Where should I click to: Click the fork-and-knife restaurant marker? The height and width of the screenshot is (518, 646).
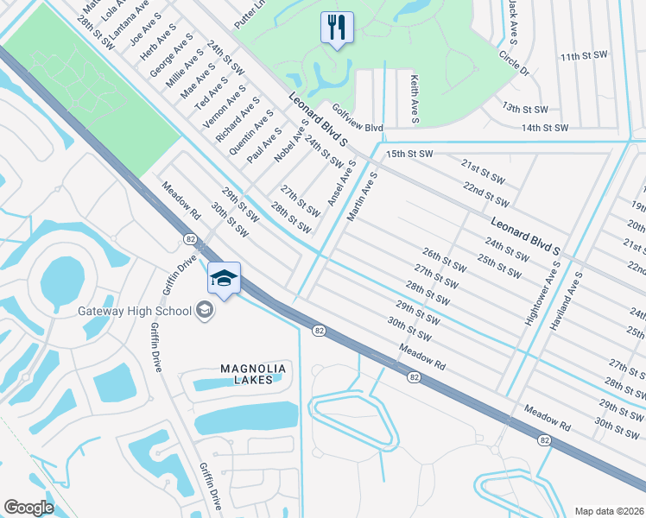[336, 27]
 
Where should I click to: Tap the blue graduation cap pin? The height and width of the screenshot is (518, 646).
[224, 279]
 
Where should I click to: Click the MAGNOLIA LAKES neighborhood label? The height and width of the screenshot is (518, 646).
[253, 374]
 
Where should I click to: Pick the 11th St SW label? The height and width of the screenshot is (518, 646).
[583, 56]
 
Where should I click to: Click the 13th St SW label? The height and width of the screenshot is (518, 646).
[526, 110]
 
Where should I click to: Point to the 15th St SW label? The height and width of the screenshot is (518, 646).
[408, 153]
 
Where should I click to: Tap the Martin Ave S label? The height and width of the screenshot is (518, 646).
[362, 197]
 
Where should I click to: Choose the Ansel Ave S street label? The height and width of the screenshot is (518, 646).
[341, 182]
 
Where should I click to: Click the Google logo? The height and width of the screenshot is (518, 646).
[28, 507]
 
